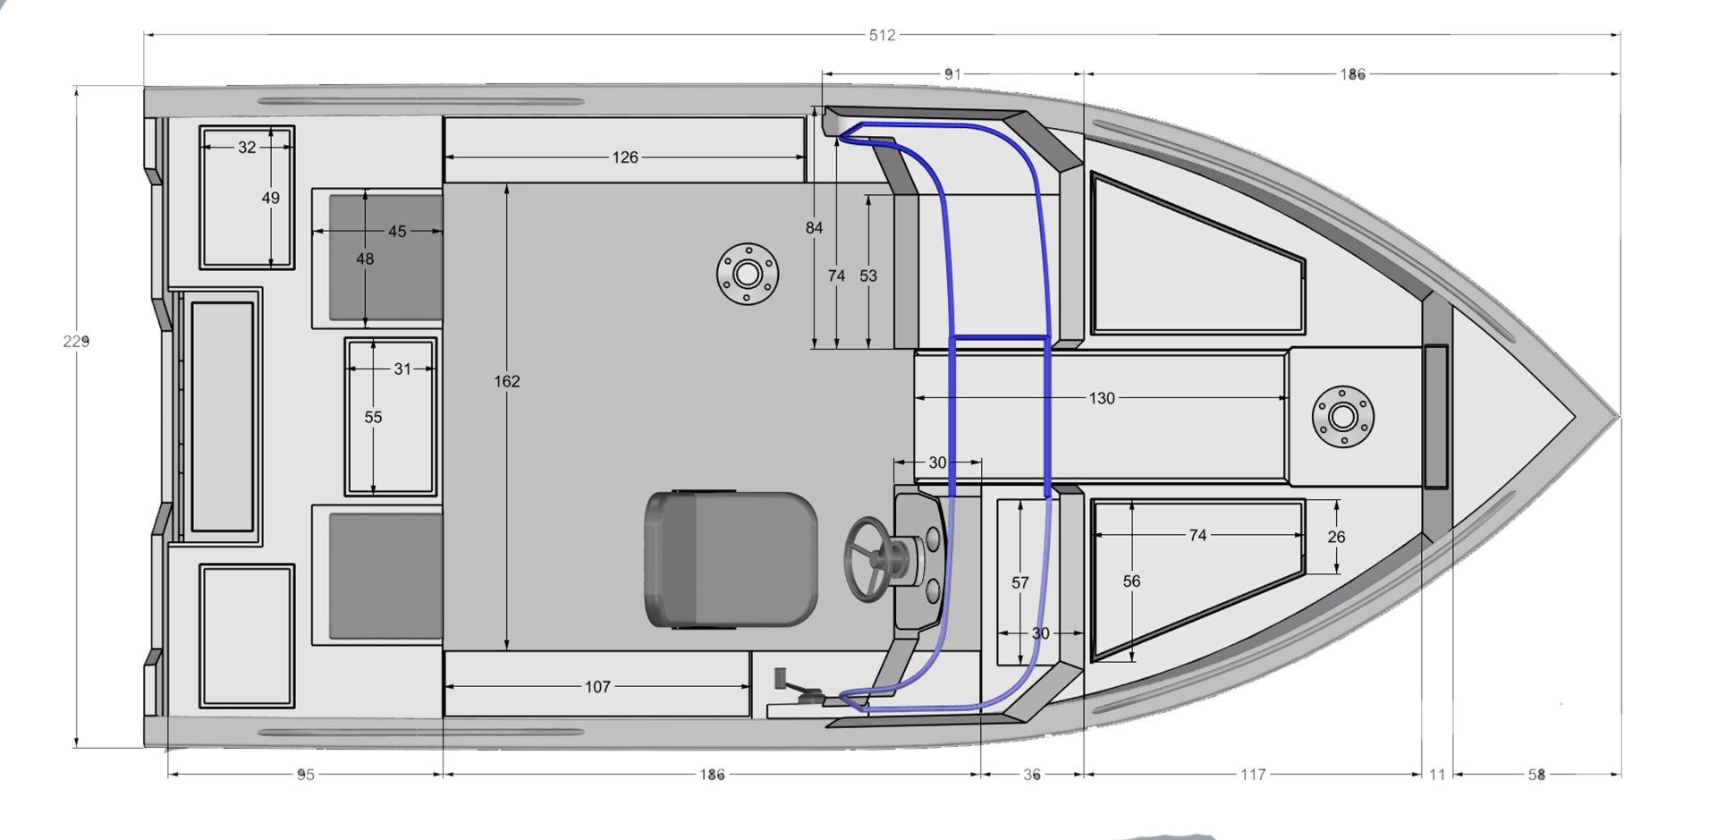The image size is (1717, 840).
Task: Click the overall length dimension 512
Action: click(882, 35)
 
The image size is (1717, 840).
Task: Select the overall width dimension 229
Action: click(76, 341)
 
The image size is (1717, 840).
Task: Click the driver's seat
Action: click(731, 558)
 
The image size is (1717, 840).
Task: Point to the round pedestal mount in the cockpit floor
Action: click(748, 273)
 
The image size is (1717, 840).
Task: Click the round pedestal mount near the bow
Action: click(1342, 416)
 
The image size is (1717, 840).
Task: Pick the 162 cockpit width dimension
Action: click(506, 381)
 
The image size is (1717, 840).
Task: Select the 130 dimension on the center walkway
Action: click(1102, 398)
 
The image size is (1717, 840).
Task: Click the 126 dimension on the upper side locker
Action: click(625, 157)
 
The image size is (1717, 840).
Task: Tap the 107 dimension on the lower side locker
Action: click(597, 687)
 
